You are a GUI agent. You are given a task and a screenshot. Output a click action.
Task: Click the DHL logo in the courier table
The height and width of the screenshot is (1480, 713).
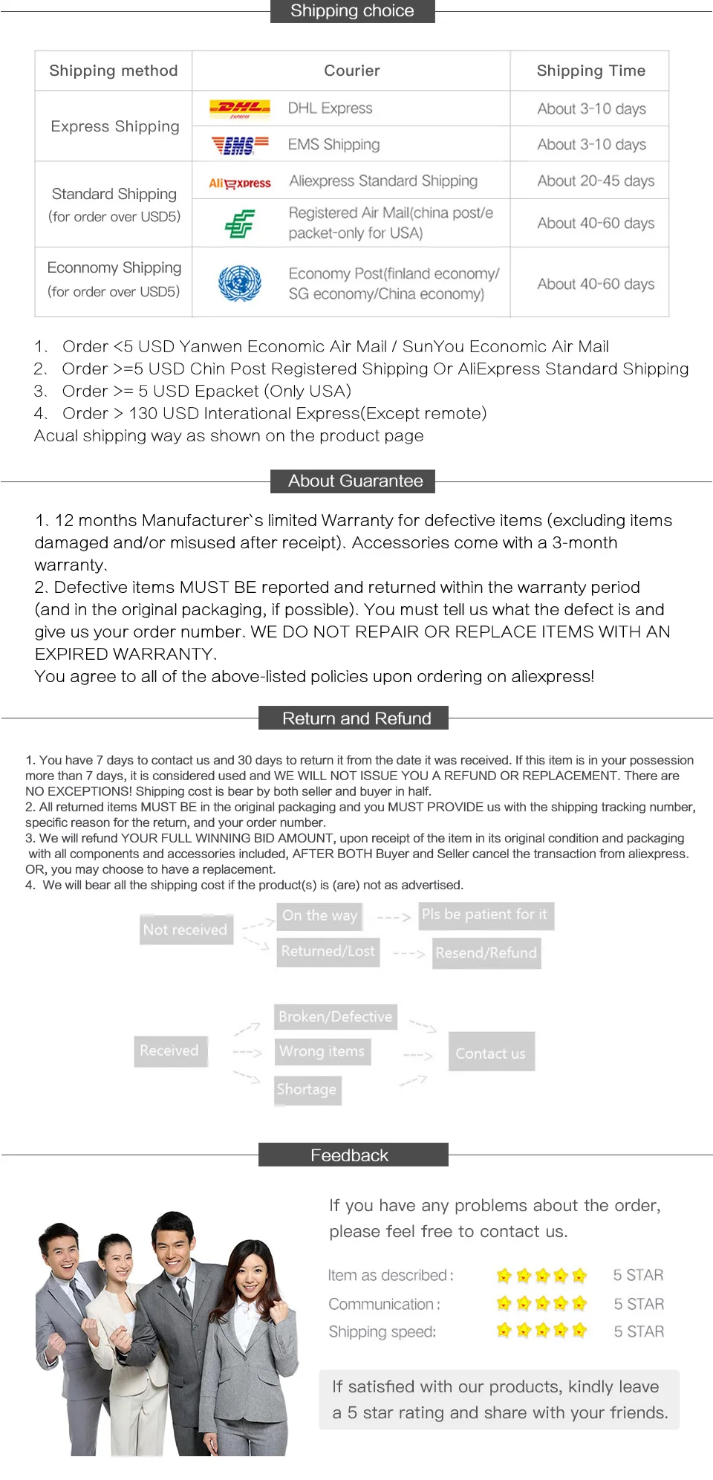pyautogui.click(x=239, y=108)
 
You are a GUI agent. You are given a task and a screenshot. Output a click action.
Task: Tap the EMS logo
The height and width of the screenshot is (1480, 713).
pyautogui.click(x=239, y=145)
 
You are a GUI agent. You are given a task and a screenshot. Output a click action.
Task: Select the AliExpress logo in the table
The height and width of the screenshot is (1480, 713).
pyautogui.click(x=239, y=183)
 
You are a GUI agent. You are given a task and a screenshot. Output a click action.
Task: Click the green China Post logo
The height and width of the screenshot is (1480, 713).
pyautogui.click(x=239, y=223)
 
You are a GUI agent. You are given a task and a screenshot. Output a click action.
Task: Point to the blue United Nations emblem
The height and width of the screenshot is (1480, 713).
pyautogui.click(x=239, y=283)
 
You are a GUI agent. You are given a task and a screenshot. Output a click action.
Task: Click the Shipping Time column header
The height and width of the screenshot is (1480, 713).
pyautogui.click(x=590, y=71)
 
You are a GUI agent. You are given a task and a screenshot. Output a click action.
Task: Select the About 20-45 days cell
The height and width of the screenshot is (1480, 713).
pyautogui.click(x=595, y=181)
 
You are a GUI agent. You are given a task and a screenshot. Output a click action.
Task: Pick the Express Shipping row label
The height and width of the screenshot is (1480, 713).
pyautogui.click(x=114, y=126)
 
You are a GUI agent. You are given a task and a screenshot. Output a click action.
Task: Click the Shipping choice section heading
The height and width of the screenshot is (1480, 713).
pyautogui.click(x=352, y=11)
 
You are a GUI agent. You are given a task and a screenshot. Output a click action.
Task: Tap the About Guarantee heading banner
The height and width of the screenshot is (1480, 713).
pyautogui.click(x=355, y=481)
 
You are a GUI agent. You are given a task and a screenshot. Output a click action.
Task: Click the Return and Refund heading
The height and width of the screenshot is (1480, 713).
pyautogui.click(x=356, y=718)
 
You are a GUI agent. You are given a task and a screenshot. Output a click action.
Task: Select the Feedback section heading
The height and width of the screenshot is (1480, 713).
pyautogui.click(x=349, y=1155)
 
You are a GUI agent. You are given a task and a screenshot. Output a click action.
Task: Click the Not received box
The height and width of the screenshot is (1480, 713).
pyautogui.click(x=185, y=929)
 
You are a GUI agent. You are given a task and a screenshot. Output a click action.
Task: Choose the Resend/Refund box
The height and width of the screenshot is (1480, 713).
pyautogui.click(x=486, y=952)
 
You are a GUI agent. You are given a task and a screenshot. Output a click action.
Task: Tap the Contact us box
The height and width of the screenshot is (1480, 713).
pyautogui.click(x=490, y=1053)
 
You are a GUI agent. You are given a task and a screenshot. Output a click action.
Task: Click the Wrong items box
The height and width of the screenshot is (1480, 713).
pyautogui.click(x=322, y=1051)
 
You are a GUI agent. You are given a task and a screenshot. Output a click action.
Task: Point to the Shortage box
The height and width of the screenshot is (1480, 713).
pyautogui.click(x=307, y=1089)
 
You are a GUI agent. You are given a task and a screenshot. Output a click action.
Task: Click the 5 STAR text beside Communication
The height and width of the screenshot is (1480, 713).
pyautogui.click(x=639, y=1304)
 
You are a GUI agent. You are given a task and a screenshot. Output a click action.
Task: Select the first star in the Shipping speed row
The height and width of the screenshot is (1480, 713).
pyautogui.click(x=504, y=1330)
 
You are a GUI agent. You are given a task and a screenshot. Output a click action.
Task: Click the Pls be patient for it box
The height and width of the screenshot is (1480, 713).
pyautogui.click(x=484, y=915)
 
